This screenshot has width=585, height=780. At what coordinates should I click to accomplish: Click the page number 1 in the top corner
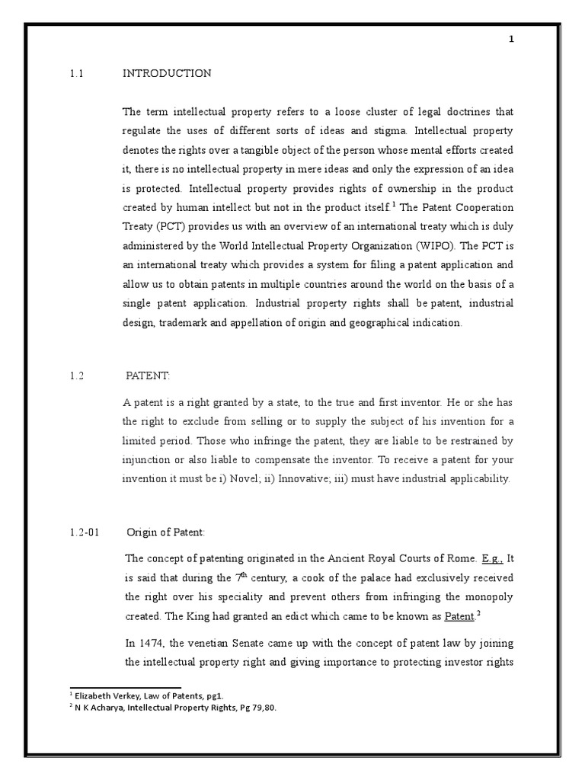[512, 41]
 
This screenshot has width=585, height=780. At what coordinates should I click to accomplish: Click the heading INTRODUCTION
[167, 74]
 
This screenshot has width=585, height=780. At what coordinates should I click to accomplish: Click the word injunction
[146, 459]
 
